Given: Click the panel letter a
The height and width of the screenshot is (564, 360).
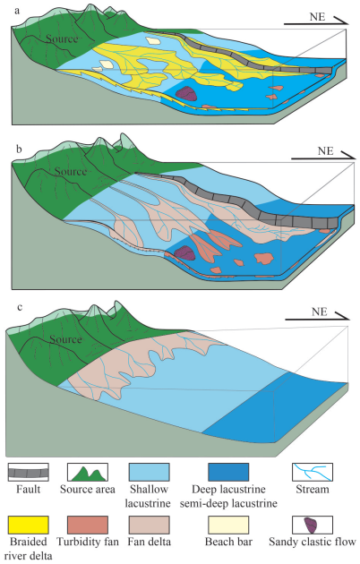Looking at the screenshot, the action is (x=17, y=11).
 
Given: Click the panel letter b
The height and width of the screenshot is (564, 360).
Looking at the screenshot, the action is (x=18, y=149).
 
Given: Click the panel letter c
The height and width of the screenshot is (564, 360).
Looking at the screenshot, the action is (x=20, y=307).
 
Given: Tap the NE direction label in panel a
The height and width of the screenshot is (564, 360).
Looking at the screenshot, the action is (x=317, y=17).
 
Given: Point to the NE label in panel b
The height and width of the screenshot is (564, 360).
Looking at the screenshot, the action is (x=325, y=150).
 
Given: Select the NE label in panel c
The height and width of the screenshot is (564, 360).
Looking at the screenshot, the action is (x=320, y=312).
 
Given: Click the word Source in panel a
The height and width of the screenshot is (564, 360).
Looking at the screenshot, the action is (x=62, y=38).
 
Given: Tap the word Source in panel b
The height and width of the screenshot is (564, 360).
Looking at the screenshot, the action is (x=71, y=171).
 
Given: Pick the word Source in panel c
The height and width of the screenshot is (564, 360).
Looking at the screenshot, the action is (x=65, y=339).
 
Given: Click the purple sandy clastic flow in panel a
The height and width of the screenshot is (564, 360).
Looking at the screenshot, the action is (x=186, y=93).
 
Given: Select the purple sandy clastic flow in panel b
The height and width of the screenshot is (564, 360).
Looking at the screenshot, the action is (x=184, y=252).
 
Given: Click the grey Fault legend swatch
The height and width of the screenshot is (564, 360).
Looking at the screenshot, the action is (x=28, y=473).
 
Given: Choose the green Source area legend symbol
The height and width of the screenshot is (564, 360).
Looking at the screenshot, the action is (x=88, y=473).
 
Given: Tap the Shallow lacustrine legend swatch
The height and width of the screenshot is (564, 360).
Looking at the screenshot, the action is (x=149, y=473).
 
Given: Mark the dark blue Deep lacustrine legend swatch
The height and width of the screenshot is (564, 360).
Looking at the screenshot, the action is (x=228, y=473).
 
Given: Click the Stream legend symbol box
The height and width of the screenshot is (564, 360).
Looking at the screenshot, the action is (x=313, y=473).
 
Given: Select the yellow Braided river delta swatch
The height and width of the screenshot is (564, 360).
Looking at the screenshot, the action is (x=28, y=525).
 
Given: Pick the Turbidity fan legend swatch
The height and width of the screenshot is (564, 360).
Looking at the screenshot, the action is (x=88, y=525).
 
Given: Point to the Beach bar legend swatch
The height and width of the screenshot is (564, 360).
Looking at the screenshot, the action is (x=228, y=525).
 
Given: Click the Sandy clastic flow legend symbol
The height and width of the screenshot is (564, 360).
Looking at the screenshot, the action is (x=313, y=525).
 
